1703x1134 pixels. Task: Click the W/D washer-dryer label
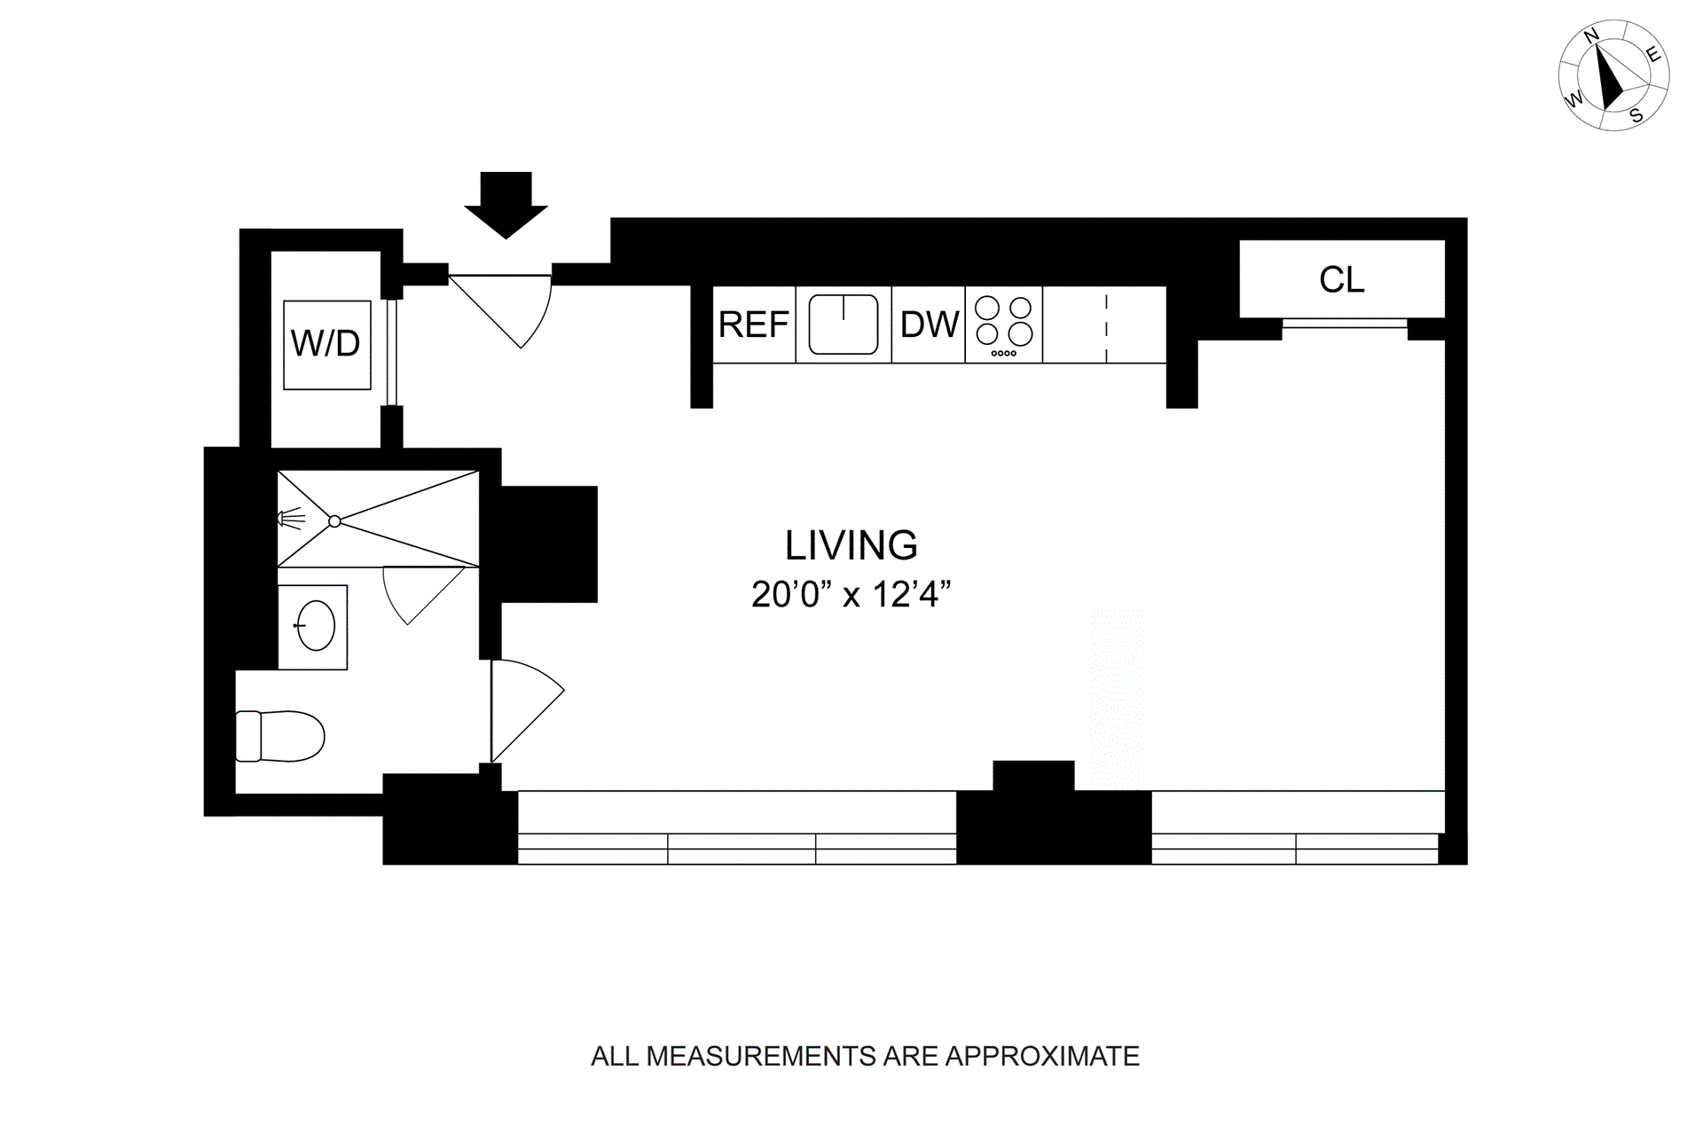point(326,343)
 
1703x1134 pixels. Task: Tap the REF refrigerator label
point(754,325)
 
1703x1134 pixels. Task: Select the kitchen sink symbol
point(844,325)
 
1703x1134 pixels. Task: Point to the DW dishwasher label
point(930,325)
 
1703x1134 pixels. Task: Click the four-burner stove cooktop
point(1004,325)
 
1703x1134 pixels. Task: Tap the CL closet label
point(1341,280)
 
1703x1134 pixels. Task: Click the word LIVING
point(851,545)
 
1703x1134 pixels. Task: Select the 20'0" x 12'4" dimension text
point(851,594)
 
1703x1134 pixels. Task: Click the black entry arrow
point(506,205)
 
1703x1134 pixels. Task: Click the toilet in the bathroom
point(280,736)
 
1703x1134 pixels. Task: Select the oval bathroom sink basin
point(315,626)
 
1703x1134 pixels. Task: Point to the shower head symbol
point(291,519)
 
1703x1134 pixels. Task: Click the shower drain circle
point(334,521)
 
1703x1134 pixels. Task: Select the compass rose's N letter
point(1592,35)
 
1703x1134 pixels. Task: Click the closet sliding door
point(1345,324)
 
